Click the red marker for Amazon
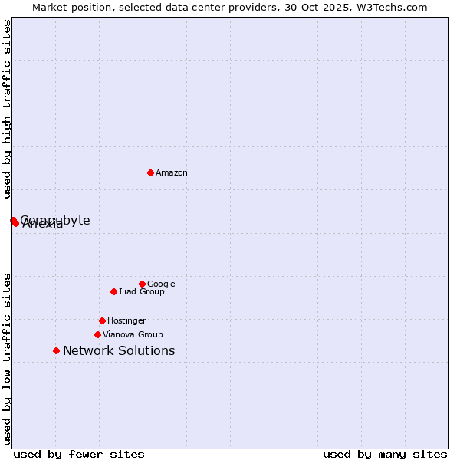(x=150, y=172)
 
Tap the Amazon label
(x=172, y=173)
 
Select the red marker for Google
(x=142, y=284)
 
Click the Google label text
(x=161, y=284)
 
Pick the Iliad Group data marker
(x=113, y=291)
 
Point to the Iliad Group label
(x=142, y=292)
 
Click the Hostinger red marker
(x=102, y=320)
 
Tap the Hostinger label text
(x=127, y=321)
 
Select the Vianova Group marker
(x=97, y=334)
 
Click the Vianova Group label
(x=133, y=335)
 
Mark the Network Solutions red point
(x=56, y=350)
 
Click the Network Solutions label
(x=119, y=351)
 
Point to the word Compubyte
(x=55, y=220)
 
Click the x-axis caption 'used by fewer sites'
(x=79, y=455)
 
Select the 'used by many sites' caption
(x=385, y=455)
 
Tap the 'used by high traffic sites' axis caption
(x=7, y=109)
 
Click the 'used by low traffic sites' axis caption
(x=7, y=358)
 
